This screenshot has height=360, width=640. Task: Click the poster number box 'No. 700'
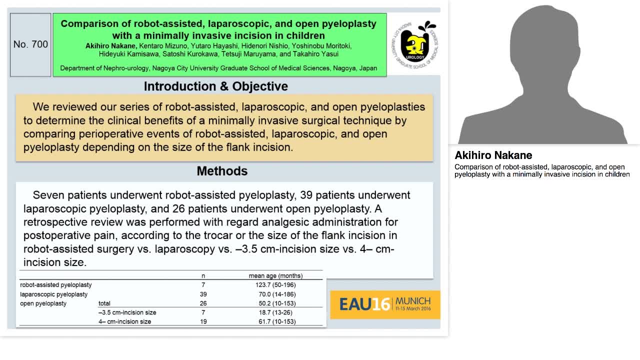click(x=30, y=44)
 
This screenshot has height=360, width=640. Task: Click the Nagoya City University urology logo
click(x=415, y=44)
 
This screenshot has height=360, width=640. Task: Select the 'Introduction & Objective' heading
click(x=215, y=86)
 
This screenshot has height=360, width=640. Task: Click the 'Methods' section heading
click(x=222, y=171)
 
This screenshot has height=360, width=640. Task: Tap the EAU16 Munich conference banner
click(x=385, y=304)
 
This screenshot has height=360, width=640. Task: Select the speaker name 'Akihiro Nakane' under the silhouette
click(x=493, y=155)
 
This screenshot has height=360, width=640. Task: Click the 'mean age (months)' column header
click(x=275, y=275)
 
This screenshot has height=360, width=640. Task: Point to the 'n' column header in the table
click(x=203, y=275)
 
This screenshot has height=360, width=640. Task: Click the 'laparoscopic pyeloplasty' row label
click(x=53, y=294)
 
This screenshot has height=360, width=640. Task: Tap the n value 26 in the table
click(x=203, y=303)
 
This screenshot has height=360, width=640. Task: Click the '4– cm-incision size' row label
click(x=124, y=321)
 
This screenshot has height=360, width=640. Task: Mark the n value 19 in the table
click(x=203, y=321)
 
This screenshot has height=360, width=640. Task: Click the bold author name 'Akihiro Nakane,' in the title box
click(x=110, y=46)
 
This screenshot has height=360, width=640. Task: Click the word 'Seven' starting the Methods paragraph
click(x=46, y=195)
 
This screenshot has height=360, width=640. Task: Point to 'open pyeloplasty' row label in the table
click(x=43, y=303)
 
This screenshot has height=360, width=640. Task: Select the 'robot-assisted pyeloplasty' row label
click(x=56, y=285)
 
